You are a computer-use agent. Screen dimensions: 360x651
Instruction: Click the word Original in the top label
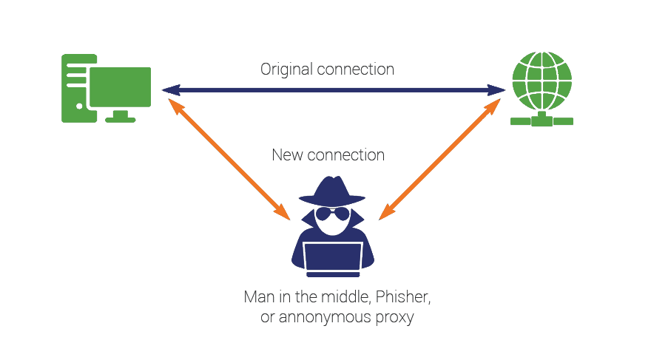pos(286,70)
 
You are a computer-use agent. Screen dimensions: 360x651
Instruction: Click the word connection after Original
pos(356,70)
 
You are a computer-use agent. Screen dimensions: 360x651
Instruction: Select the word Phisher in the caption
pos(402,299)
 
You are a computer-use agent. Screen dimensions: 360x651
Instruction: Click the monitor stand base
pos(119,118)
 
